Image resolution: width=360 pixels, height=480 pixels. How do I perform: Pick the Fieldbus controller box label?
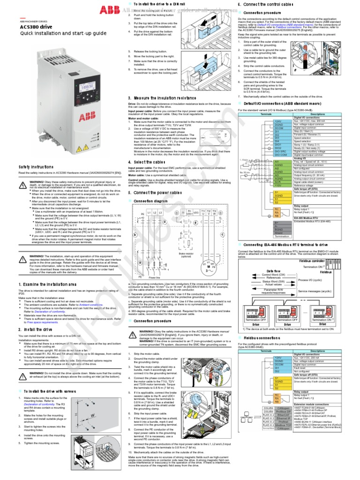[309, 260]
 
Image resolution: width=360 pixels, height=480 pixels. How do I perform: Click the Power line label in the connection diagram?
[155, 277]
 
